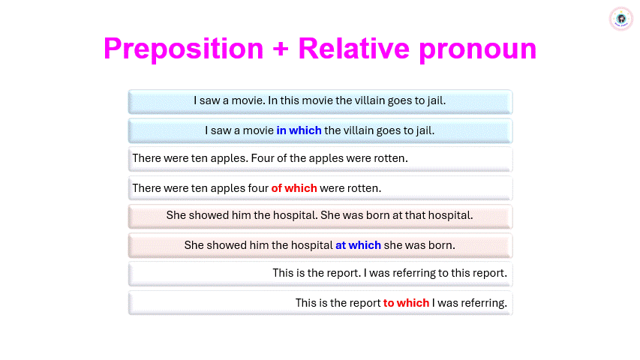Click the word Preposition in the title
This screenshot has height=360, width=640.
pos(184,49)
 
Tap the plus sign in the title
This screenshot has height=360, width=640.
pos(281,49)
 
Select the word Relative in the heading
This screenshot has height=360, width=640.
pos(354,48)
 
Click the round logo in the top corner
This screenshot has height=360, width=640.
pos(620,19)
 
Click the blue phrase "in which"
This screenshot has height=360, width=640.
pos(299,130)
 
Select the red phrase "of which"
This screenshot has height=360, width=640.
pos(294,188)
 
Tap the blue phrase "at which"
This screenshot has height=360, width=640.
pos(358,245)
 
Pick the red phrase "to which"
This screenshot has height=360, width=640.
pos(406,303)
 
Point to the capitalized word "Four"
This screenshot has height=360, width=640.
pos(263,158)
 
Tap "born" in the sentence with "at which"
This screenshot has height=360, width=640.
pos(442,245)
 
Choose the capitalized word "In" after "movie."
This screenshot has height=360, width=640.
pos(272,100)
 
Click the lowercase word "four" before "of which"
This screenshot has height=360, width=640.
pos(258,188)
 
